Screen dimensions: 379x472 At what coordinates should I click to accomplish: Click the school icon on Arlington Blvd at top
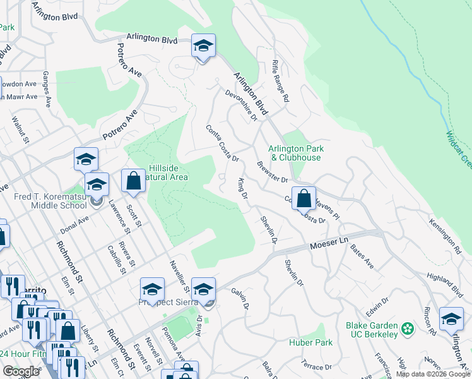[203, 46]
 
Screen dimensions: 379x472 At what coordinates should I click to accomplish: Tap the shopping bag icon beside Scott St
[133, 182]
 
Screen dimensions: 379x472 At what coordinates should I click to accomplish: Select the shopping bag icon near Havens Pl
[304, 198]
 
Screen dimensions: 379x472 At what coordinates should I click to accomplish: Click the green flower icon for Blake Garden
[408, 328]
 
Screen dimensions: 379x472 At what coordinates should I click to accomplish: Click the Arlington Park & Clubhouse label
[297, 153]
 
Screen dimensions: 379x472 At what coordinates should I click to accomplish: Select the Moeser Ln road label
[328, 243]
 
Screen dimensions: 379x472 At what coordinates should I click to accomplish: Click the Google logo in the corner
[21, 371]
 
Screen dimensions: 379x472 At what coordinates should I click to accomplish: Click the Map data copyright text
[432, 374]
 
